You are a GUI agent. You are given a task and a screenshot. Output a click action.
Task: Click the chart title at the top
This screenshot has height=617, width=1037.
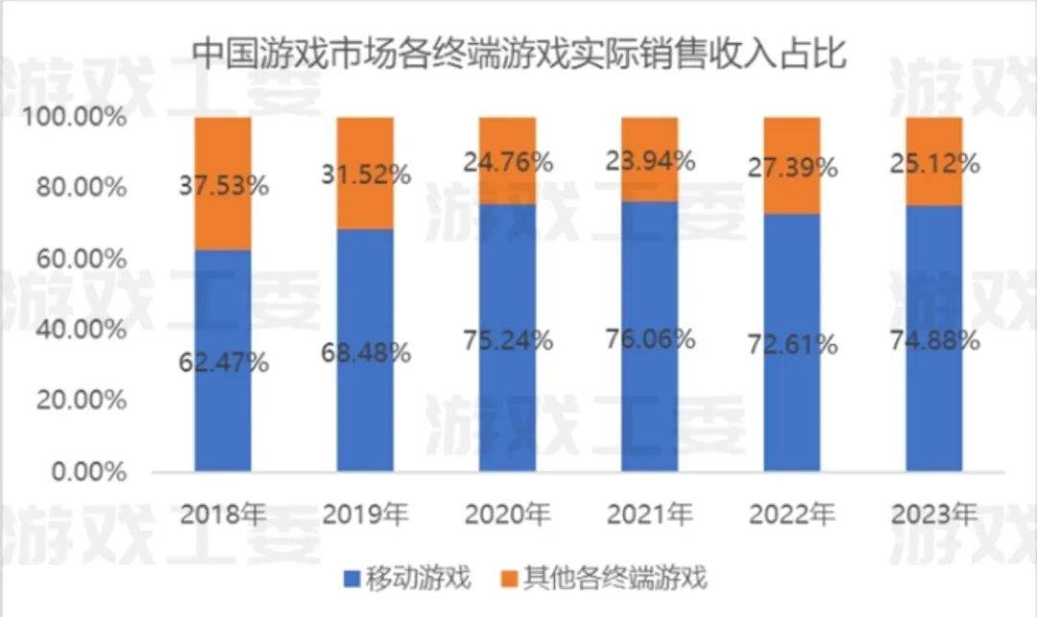[x=518, y=53]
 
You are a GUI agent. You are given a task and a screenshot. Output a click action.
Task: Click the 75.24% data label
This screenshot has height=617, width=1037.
[x=507, y=341]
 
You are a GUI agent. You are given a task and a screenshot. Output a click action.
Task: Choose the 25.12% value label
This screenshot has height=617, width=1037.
[x=934, y=164]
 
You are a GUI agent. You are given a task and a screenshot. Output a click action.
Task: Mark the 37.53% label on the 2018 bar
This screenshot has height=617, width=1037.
[x=224, y=185]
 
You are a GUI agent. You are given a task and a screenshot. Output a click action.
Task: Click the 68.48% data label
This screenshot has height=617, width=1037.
[x=366, y=352]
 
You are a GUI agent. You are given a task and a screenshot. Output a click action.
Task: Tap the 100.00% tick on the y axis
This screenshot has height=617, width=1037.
[x=75, y=117]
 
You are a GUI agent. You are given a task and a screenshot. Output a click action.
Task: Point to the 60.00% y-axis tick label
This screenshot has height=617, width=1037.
[x=81, y=259]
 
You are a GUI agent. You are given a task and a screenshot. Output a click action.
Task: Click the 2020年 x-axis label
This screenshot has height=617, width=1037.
[x=507, y=514]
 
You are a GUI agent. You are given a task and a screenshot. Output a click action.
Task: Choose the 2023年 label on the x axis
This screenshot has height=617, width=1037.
[x=934, y=514]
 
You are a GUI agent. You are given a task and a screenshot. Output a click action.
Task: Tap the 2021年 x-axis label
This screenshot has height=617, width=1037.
[x=650, y=514]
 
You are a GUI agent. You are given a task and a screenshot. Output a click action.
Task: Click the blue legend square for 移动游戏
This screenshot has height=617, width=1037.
[x=351, y=579]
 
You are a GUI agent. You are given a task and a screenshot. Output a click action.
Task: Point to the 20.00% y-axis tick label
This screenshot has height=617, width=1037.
[x=81, y=401]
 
